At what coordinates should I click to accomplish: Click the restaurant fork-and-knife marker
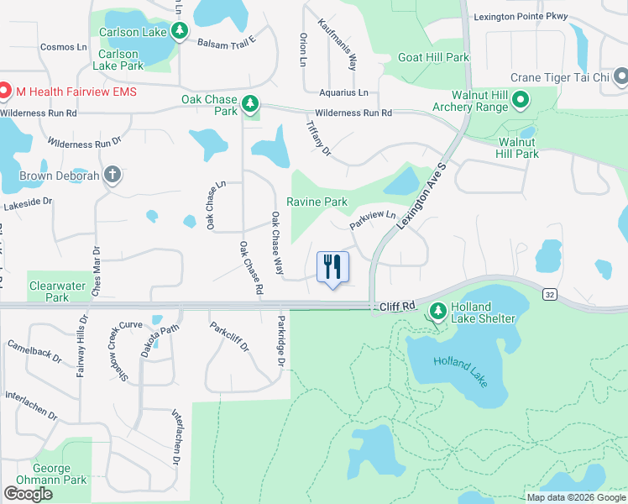point(332,267)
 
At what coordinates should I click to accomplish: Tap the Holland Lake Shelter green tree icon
point(437,312)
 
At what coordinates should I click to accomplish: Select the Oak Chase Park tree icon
point(250,104)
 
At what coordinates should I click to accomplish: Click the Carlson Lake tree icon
point(179,32)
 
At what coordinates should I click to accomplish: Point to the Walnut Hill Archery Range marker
point(520,101)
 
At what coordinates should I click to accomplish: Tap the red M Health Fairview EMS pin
point(4,91)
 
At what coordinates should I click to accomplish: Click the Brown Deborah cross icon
point(112,176)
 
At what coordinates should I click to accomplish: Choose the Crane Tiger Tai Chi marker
point(620,78)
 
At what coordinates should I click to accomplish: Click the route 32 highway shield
point(549,294)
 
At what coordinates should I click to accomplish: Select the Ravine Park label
point(317,202)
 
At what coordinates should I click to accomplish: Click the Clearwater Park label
point(57,291)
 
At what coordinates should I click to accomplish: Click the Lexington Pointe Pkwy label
point(521,17)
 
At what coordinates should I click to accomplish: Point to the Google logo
point(28,494)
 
